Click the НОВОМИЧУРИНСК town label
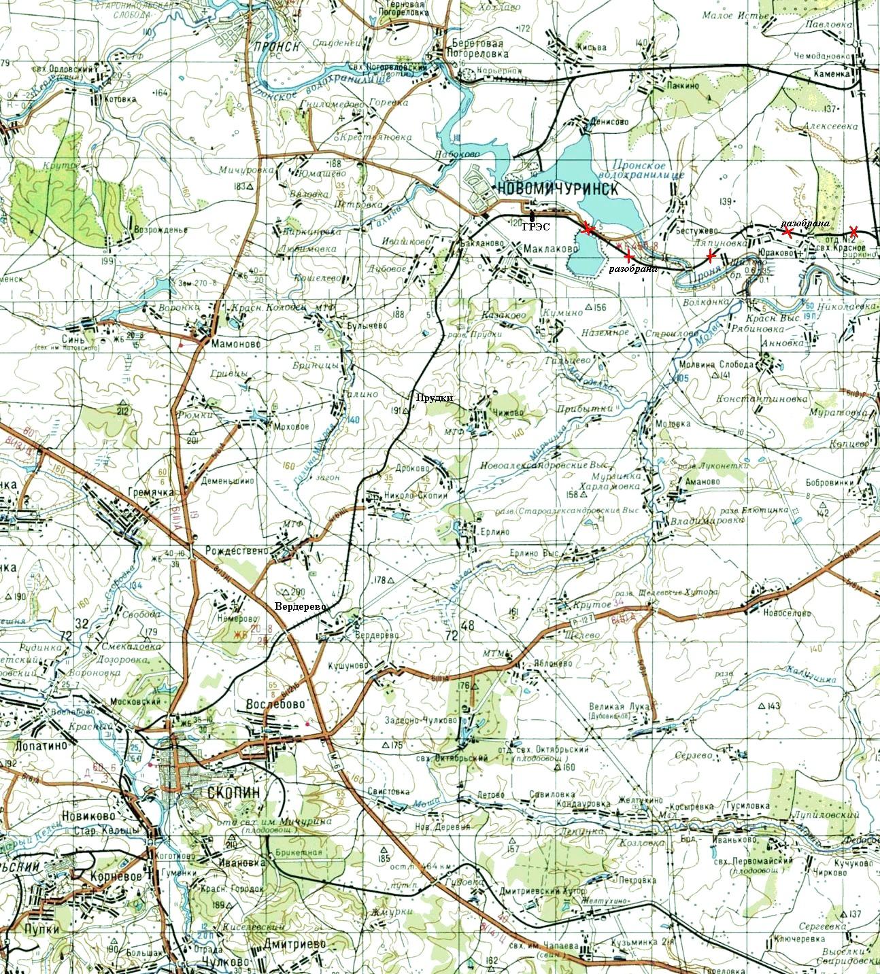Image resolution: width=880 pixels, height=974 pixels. click(558, 189)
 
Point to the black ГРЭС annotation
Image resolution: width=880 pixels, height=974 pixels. click(537, 227)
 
